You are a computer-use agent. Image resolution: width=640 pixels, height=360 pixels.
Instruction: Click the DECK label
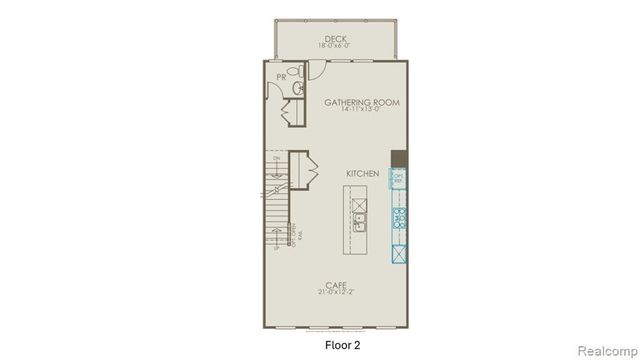pos(335,38)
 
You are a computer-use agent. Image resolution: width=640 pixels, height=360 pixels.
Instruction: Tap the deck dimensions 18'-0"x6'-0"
pos(335,46)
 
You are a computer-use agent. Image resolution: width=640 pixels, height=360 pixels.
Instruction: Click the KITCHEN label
pos(362,173)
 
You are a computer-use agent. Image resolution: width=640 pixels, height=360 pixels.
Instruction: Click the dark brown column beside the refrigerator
pos(398,158)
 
